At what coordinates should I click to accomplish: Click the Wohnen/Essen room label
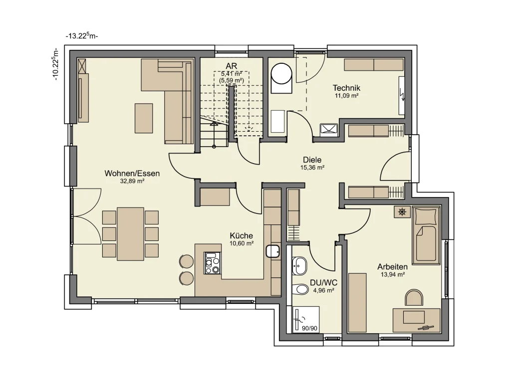click(132, 173)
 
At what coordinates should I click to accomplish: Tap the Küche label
click(241, 235)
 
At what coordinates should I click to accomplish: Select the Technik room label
click(346, 88)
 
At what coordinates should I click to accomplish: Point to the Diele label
click(312, 160)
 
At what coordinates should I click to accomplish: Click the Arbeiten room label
click(392, 267)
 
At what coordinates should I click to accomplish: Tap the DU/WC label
click(323, 283)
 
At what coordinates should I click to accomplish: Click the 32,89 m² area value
click(132, 182)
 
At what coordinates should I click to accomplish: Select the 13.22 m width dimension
click(82, 36)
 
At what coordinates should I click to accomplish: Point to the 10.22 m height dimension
click(55, 64)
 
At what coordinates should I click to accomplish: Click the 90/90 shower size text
click(309, 328)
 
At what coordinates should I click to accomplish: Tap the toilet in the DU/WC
click(300, 289)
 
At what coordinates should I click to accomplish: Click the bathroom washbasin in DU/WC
click(299, 266)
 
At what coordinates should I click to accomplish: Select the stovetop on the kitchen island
click(213, 263)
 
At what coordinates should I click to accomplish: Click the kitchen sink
click(273, 251)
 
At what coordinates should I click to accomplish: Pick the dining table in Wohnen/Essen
click(130, 234)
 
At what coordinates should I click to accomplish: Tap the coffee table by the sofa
click(144, 118)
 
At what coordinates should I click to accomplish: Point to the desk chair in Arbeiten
click(414, 298)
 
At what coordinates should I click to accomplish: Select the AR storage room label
click(232, 67)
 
